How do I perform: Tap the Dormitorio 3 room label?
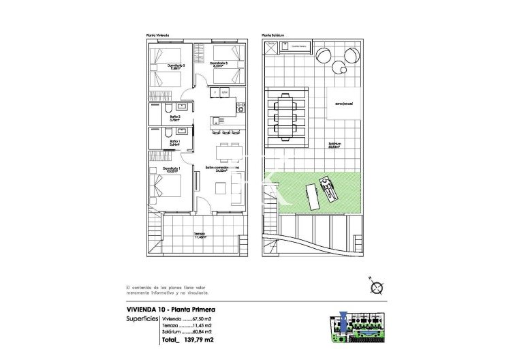click(219, 65)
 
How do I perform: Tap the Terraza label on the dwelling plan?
click(199, 235)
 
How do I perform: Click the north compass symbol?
click(375, 286)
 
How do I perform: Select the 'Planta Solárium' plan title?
click(272, 35)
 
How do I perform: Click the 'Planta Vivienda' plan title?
click(158, 35)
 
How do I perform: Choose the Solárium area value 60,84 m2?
click(202, 331)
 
